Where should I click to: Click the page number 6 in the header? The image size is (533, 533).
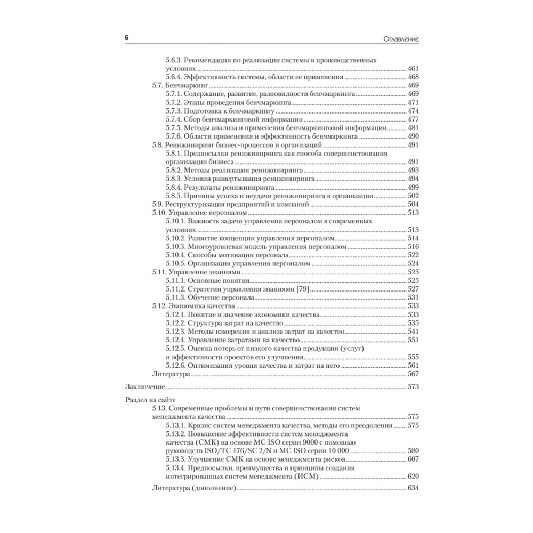[126, 38]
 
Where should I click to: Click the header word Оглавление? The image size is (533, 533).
[395, 39]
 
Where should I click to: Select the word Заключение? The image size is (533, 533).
[144, 385]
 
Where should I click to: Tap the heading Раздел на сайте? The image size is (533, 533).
[150, 399]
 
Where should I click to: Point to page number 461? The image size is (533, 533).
[413, 69]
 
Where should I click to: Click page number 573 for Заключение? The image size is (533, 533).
[413, 385]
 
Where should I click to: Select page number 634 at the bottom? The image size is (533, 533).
[413, 488]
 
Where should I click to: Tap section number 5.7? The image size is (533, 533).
[157, 85]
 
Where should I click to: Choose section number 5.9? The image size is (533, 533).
[157, 204]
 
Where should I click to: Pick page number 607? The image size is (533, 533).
[413, 459]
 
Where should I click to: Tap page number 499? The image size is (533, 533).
[413, 188]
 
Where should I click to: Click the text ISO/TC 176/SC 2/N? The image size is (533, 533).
[243, 450]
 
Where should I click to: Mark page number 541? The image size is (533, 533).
[413, 332]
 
